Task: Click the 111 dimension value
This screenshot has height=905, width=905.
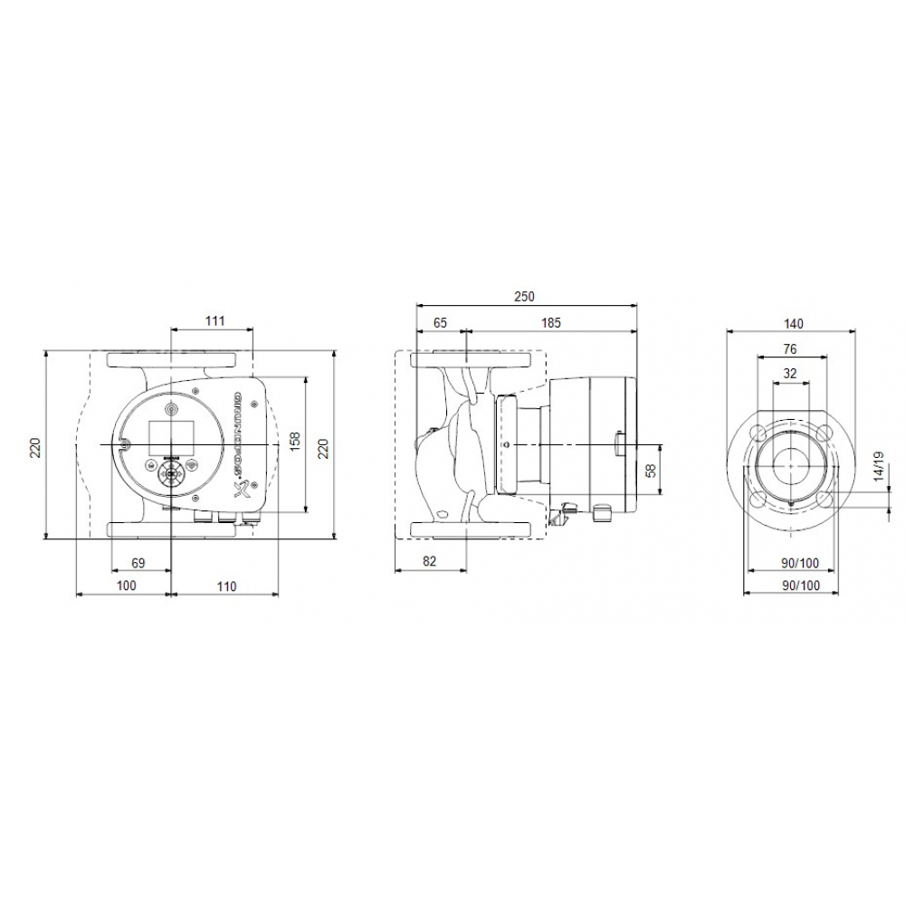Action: (x=214, y=321)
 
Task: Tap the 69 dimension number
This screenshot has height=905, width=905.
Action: (x=138, y=563)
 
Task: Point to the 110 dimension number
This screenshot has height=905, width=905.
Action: (x=226, y=586)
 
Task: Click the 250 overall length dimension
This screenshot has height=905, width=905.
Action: (x=526, y=297)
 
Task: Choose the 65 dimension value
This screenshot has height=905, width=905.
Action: (x=440, y=322)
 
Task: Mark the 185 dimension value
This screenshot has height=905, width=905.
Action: (x=551, y=322)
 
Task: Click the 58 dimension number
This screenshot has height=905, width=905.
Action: (x=649, y=470)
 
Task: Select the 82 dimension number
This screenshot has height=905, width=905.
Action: (x=430, y=562)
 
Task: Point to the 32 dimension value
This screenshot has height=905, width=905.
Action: (x=789, y=373)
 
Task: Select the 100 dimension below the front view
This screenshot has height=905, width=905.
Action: (x=126, y=586)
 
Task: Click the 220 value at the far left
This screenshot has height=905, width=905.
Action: (x=35, y=447)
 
